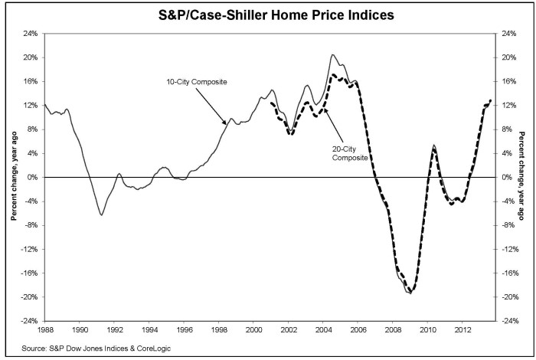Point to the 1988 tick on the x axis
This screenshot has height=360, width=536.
pyautogui.click(x=45, y=330)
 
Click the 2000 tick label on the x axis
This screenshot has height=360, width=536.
pyautogui.click(x=253, y=330)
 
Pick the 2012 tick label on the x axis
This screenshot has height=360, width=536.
pyautogui.click(x=462, y=330)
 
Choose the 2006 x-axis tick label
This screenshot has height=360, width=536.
pyautogui.click(x=358, y=330)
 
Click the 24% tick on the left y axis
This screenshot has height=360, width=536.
pyautogui.click(x=30, y=34)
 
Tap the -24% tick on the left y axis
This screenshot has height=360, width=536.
pyautogui.click(x=28, y=321)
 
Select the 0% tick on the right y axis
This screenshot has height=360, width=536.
pyautogui.click(x=505, y=177)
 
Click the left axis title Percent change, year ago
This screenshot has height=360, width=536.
pyautogui.click(x=13, y=177)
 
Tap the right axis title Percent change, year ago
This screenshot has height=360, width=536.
pyautogui.click(x=523, y=177)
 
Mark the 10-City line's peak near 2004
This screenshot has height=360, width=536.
pyautogui.click(x=332, y=55)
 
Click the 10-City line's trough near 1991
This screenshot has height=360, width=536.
pyautogui.click(x=101, y=215)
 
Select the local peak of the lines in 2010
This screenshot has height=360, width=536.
pyautogui.click(x=434, y=146)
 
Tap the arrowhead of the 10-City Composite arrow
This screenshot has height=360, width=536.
pyautogui.click(x=227, y=123)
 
